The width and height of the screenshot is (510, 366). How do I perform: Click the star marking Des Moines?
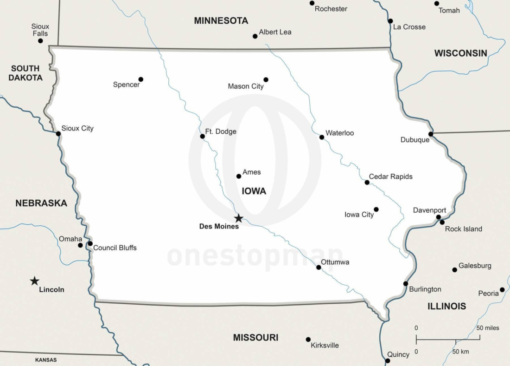[238, 218]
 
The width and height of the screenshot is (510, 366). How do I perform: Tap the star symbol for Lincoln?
[34, 281]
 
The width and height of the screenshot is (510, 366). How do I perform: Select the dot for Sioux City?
[58, 134]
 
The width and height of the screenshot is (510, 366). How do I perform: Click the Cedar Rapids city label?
[390, 176]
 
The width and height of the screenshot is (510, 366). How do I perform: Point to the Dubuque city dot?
[431, 134]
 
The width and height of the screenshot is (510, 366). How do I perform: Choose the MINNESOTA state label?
[221, 20]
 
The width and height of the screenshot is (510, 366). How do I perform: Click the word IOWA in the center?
[254, 191]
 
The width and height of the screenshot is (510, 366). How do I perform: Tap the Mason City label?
[246, 86]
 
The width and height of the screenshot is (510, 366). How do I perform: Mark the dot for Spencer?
[141, 79]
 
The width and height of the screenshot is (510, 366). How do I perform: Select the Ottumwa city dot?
[319, 267]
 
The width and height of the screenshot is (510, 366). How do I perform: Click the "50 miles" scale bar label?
[488, 328]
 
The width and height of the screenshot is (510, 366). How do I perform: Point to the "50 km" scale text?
[461, 351]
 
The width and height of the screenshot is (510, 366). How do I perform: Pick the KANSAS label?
[46, 359]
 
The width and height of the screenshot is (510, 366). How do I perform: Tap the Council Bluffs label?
[115, 248]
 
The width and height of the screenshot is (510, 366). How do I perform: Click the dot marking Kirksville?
[308, 340]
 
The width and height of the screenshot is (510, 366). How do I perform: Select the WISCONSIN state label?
[460, 53]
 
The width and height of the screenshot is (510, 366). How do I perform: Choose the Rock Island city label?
[463, 229]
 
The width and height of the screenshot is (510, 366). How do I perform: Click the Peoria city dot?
[502, 289]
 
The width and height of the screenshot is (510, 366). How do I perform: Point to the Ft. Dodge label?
[221, 131]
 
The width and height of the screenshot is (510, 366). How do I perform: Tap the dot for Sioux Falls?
[40, 41]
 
